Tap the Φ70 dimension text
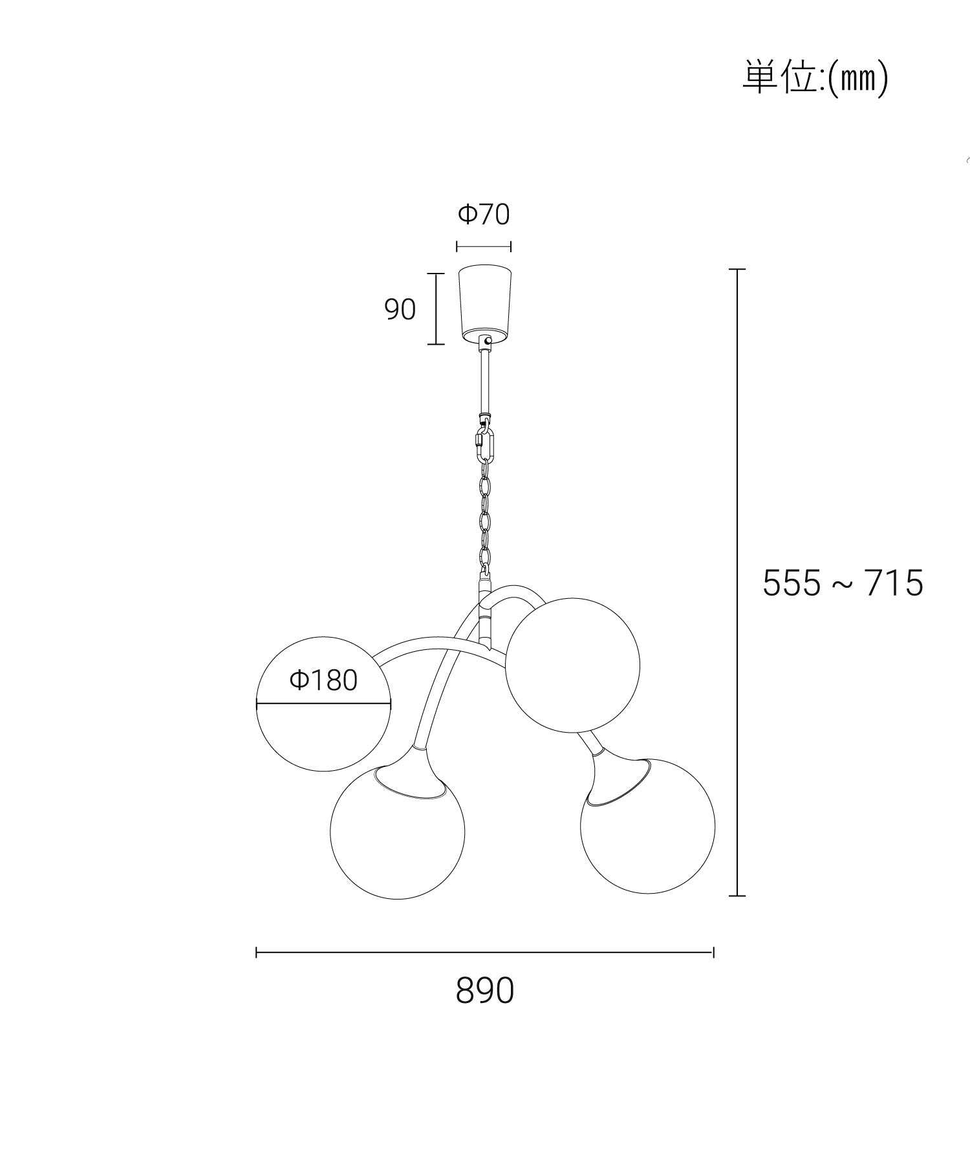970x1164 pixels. pos(484,214)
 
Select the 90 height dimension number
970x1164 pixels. pos(400,310)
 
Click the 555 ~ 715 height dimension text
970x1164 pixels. pos(843,583)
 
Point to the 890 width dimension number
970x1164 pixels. pos(484,990)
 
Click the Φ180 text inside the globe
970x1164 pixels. pos(323,680)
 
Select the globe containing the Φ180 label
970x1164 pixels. pos(323,731)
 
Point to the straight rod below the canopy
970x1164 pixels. pos(484,382)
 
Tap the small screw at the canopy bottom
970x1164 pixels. pos(488,339)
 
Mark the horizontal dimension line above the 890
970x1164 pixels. pos(484,952)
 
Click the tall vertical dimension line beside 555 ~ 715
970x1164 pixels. pos(737,582)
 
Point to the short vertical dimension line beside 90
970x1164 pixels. pos(436,309)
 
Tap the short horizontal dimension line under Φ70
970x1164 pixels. pos(484,246)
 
